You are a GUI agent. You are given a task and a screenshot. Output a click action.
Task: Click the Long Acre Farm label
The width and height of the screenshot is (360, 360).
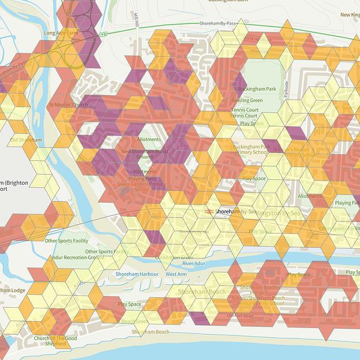61,34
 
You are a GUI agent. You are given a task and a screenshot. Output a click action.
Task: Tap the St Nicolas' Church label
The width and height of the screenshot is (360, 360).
68,105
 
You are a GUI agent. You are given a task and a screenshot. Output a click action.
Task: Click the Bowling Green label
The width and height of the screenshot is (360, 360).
247,100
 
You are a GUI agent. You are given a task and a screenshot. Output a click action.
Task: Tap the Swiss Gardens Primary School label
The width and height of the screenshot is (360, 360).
134,186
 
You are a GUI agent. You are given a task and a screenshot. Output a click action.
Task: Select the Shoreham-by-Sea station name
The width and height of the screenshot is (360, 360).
235,212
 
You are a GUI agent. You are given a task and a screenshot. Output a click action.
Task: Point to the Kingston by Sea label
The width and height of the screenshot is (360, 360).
282,213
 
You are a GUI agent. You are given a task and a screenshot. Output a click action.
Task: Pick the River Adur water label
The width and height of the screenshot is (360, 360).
194,263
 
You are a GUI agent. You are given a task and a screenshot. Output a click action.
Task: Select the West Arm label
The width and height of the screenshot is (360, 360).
176,274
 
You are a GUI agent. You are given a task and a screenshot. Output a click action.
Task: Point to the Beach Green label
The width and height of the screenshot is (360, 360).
135,321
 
